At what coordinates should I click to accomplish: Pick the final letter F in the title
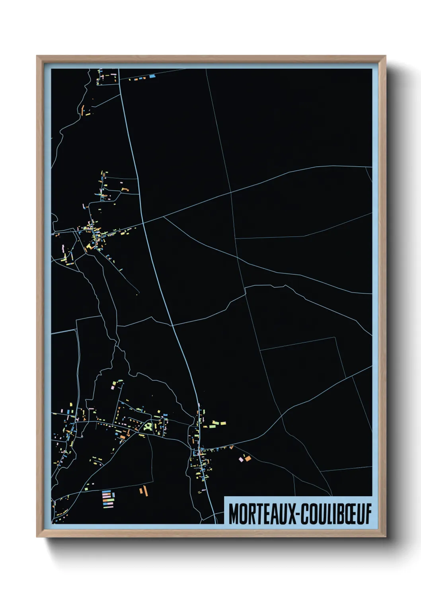coord(368,514)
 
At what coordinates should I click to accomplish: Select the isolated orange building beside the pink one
coord(248,458)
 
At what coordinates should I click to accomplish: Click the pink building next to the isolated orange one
coord(241,460)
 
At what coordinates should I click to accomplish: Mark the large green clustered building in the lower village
coord(148,427)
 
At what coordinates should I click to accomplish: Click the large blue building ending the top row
coord(152,76)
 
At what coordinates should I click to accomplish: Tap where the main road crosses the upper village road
coord(144,223)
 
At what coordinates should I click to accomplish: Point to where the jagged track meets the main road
coord(173,325)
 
